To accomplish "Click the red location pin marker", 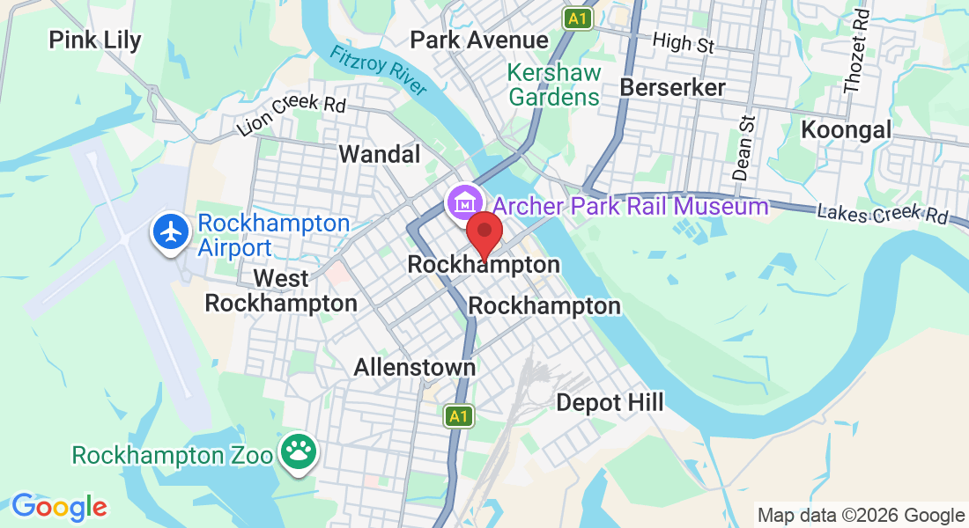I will click(x=484, y=232).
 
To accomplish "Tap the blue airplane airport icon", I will click(x=172, y=232).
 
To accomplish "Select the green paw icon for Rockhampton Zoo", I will click(x=298, y=452).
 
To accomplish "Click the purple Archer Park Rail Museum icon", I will click(x=463, y=203).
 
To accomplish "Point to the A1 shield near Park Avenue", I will click(x=578, y=18).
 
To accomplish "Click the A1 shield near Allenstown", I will click(x=457, y=415).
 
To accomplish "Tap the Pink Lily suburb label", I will click(x=94, y=40).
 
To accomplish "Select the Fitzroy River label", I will click(x=379, y=70).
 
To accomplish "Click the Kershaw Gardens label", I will click(x=555, y=84).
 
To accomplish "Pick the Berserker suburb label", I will click(x=673, y=87).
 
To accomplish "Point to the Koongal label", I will click(x=847, y=130).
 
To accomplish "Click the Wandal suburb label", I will click(x=380, y=155).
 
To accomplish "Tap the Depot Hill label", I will click(x=610, y=403).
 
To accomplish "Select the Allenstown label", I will click(x=415, y=367).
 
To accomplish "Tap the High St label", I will click(x=683, y=41).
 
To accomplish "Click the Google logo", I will click(x=59, y=507).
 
